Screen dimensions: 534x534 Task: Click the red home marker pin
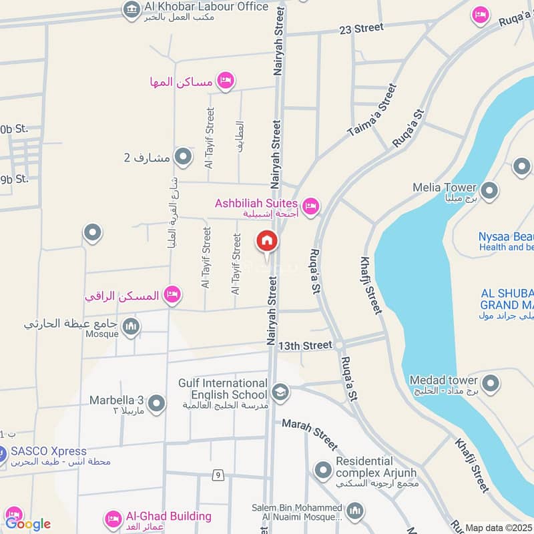coord(266,241)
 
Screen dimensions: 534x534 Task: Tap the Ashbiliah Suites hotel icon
coord(310,206)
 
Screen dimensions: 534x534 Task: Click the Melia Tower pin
coord(489,192)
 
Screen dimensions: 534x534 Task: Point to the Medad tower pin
coord(491,384)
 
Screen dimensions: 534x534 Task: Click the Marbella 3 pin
coord(157,404)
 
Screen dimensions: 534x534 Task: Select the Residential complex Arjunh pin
coord(323,471)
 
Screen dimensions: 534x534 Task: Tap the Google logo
coord(28,524)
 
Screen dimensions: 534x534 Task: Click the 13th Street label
coord(305,345)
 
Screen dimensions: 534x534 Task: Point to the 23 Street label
coord(361,28)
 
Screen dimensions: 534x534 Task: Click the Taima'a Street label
coord(372,111)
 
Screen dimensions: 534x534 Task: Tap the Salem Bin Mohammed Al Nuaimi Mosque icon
coord(354,512)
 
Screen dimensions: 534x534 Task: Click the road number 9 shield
coord(218,475)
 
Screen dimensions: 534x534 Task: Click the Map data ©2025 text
coord(499,527)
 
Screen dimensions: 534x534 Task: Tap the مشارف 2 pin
coord(182,158)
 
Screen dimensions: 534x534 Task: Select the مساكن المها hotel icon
coord(226,81)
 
